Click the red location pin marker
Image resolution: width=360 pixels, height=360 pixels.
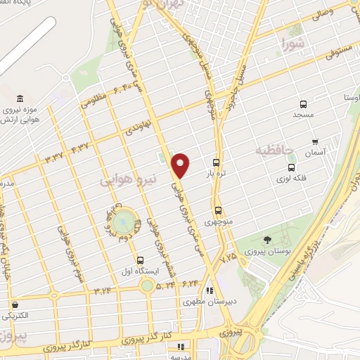(181, 165)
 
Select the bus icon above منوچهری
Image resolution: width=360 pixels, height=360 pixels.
(218, 210)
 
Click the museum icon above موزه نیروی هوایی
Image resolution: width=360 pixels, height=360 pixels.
(20, 98)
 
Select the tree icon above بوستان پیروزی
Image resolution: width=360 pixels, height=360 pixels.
(267, 240)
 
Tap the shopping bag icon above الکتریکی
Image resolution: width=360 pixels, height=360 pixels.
(15, 304)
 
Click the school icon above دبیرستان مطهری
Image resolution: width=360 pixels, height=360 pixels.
(209, 290)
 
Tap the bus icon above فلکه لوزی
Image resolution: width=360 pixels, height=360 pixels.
(291, 167)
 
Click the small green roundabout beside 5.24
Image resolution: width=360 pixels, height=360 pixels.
(146, 285)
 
